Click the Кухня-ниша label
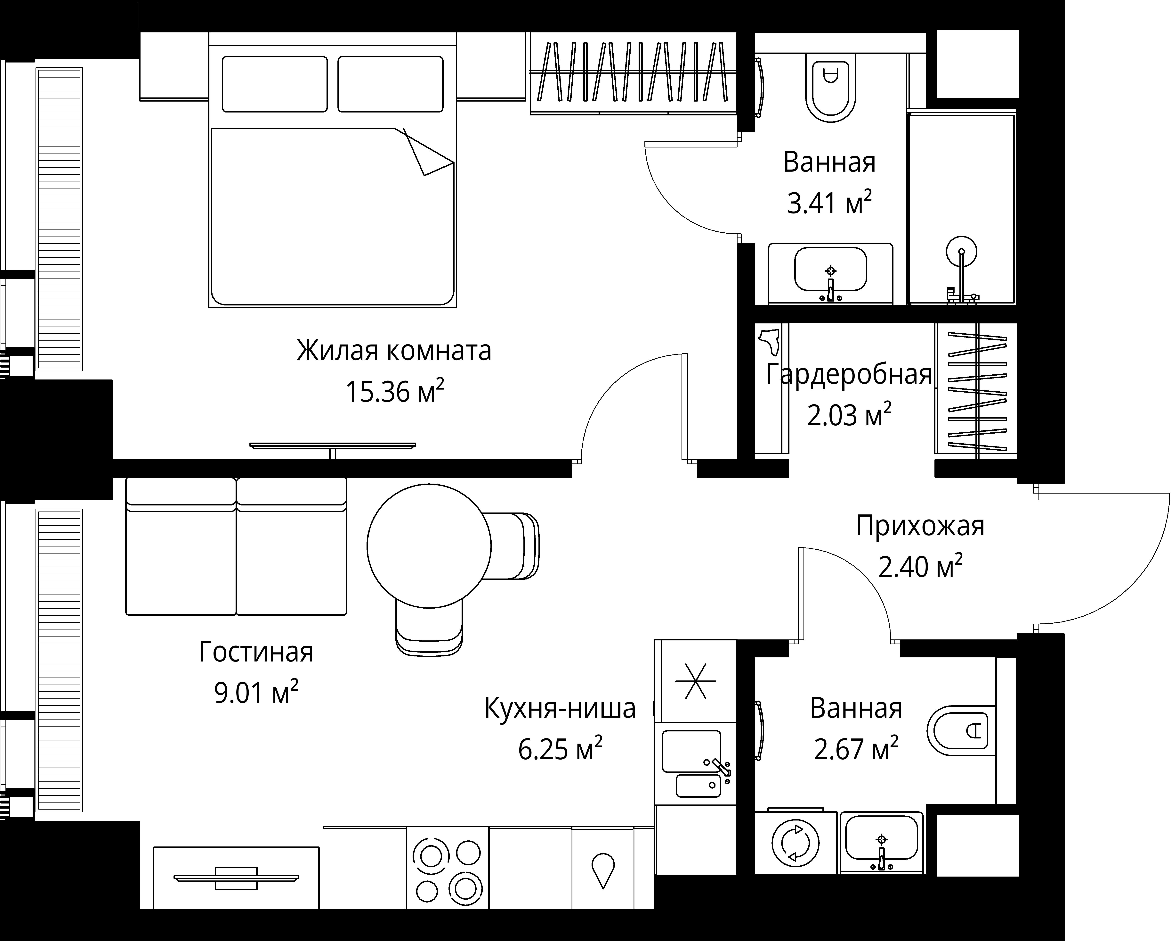(559, 708)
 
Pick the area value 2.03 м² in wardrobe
(848, 416)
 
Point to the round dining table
(429, 545)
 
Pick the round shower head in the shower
(961, 252)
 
